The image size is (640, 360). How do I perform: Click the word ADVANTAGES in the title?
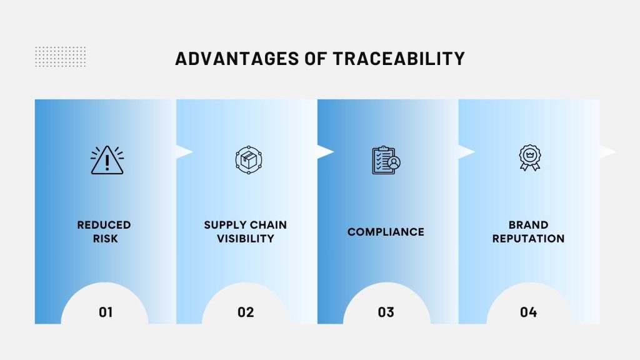click(237, 59)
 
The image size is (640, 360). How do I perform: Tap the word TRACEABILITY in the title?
click(399, 59)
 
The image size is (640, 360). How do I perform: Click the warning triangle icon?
click(107, 160)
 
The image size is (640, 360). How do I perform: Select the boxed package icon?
click(249, 160)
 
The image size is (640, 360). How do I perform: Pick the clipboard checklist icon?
click(386, 160)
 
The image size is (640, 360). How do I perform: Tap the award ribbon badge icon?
click(530, 157)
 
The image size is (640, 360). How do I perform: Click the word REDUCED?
click(104, 225)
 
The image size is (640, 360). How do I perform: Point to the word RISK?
click(105, 238)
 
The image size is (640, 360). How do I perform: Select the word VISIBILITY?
click(245, 238)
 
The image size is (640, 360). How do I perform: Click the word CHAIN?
click(269, 225)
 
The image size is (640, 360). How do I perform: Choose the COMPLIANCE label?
click(386, 232)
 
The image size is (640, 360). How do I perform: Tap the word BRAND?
click(528, 225)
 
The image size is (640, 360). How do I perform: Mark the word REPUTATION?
click(528, 238)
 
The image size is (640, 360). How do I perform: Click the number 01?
click(106, 312)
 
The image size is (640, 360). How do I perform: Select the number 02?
click(246, 312)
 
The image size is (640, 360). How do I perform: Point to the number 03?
click(386, 312)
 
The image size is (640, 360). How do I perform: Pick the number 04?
click(528, 312)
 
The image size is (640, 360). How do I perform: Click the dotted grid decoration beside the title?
click(61, 57)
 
